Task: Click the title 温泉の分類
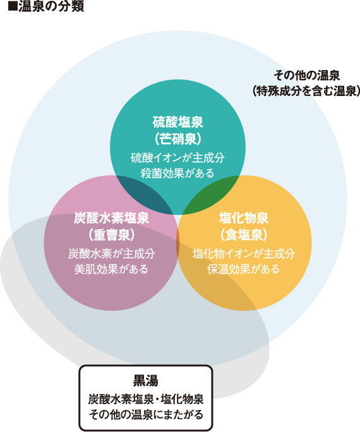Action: pos(51,6)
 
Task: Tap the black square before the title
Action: pos(13,7)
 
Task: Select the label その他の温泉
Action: pos(306,76)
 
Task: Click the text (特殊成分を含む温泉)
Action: pos(306,91)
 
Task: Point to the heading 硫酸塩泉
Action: pos(177,122)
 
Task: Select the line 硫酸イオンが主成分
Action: pos(177,158)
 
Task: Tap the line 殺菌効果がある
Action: pos(177,173)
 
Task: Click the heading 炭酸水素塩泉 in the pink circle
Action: pos(112,218)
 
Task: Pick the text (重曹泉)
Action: pos(112,235)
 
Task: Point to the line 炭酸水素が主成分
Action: pos(112,254)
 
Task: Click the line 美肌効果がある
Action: pos(112,269)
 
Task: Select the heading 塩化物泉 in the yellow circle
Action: pos(244,218)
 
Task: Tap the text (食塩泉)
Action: pos(244,235)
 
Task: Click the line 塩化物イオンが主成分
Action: pos(244,254)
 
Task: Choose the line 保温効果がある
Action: pos(244,269)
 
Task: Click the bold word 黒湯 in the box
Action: pos(146,381)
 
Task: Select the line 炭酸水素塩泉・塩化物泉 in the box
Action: pos(146,399)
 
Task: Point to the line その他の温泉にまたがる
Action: pos(146,414)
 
